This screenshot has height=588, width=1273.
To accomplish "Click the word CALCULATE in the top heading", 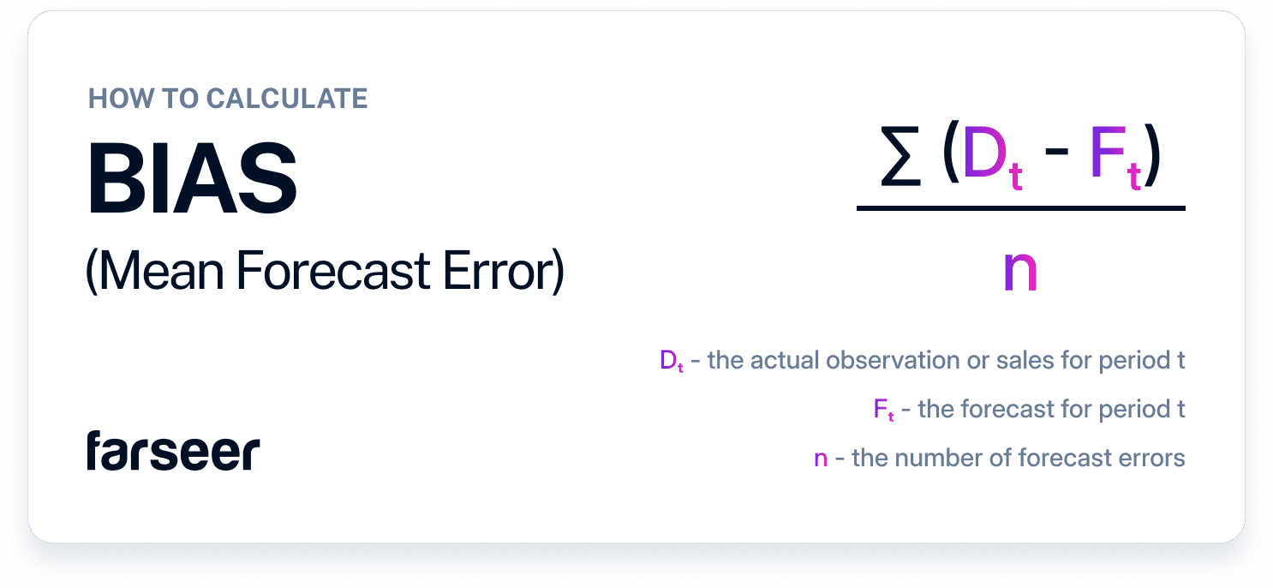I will (x=286, y=99).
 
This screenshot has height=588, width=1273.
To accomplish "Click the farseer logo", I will (x=172, y=452).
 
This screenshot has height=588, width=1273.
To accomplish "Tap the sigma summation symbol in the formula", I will (x=900, y=160).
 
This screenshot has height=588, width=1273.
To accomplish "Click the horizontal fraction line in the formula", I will (x=1020, y=207).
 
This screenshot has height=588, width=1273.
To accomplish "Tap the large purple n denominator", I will (x=1019, y=273).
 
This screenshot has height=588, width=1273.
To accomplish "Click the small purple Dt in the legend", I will (x=671, y=362).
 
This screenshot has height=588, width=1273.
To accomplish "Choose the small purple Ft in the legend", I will (x=884, y=411).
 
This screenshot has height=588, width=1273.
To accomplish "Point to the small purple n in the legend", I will (x=821, y=459).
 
